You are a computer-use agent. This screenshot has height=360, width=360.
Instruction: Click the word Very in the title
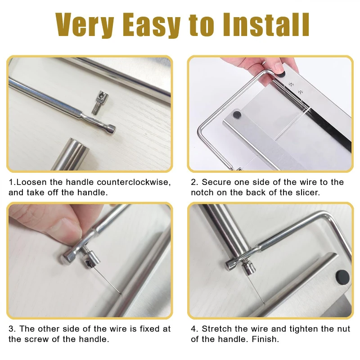[85, 25]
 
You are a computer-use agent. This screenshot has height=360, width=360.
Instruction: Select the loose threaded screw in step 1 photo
[100, 103]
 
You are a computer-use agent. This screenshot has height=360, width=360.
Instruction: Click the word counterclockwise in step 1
[134, 182]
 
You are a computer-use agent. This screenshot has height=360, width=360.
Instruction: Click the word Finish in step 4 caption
[265, 339]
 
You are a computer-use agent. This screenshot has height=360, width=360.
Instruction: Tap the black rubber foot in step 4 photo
[342, 277]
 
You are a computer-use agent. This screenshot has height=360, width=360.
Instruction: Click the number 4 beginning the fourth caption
[194, 329]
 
